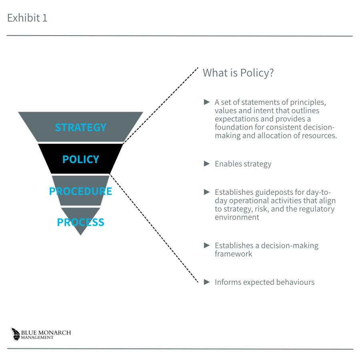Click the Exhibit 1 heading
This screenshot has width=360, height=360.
coord(27,18)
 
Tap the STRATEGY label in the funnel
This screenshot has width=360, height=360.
coord(80,128)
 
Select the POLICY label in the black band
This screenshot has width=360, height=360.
coord(80,159)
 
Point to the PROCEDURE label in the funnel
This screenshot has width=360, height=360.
coord(80,191)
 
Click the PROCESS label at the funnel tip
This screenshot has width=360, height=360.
coord(80,222)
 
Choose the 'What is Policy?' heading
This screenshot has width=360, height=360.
coord(238,73)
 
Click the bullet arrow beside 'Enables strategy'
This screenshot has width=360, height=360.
coord(207,164)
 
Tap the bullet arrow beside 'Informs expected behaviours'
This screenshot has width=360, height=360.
coord(207,282)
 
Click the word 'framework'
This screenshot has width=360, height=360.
coord(233,254)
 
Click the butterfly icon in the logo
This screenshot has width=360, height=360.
coord(15,334)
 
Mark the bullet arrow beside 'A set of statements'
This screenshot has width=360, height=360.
coord(207,102)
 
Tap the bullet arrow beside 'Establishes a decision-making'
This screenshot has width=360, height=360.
coord(207,245)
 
